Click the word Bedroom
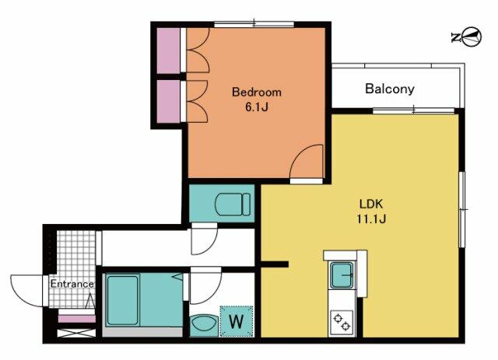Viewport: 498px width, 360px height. coord(257,92)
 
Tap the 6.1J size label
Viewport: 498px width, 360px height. coord(257,107)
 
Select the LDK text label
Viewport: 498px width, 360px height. coord(371,204)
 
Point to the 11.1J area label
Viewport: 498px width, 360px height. coord(371,218)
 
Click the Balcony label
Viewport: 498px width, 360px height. coord(390,89)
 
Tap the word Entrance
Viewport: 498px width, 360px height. coord(72,284)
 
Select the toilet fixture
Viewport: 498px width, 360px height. coord(233,204)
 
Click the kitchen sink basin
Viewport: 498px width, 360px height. coord(342,275)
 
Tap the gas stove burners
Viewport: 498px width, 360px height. coord(342,322)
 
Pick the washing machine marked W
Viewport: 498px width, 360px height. coord(237,321)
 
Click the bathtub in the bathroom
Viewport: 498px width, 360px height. coord(122,300)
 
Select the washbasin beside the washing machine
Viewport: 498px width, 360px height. coord(204,325)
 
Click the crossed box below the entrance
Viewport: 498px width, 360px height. coord(76,333)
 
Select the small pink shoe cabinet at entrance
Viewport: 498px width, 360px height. coord(76,319)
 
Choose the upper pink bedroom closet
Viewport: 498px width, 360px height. coord(169,51)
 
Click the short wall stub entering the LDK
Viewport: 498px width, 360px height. coord(275,264)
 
